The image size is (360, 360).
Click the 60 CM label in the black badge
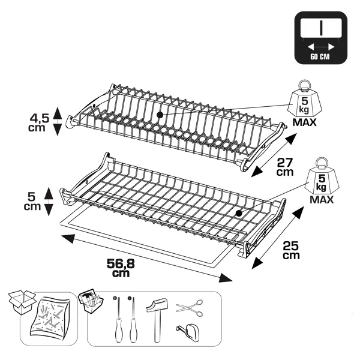tap(320, 57)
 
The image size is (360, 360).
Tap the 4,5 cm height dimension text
tap(39, 123)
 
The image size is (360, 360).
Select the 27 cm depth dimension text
tap(285, 167)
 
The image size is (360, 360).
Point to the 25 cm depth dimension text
tap(291, 250)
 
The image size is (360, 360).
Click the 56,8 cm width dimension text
tap(121, 268)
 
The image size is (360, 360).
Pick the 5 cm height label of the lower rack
tap(32, 202)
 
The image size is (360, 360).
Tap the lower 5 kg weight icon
tap(322, 176)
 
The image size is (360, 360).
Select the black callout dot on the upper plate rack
tap(160, 115)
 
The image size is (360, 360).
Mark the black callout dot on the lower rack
tap(239, 214)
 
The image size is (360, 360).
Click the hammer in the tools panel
tap(157, 319)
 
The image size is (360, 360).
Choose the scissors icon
tap(190, 308)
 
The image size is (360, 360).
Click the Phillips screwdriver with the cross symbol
tap(118, 319)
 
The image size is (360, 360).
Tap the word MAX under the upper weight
tap(304, 122)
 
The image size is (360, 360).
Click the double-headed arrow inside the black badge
tap(321, 47)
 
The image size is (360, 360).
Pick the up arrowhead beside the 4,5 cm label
tap(58, 113)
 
